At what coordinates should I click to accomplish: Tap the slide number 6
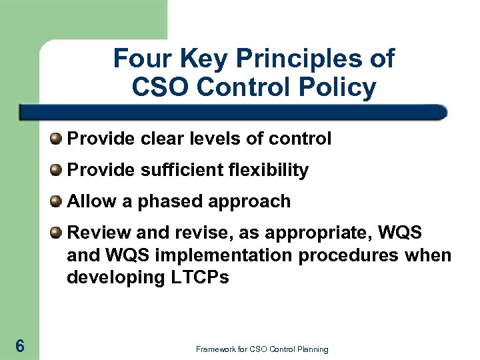tap(20, 345)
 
